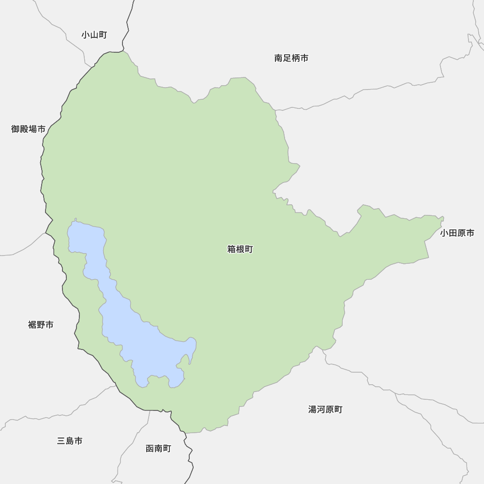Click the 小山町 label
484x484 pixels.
click(x=94, y=35)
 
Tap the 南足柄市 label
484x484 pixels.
click(x=291, y=58)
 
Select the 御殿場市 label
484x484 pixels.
click(x=28, y=129)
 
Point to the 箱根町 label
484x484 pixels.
click(x=240, y=249)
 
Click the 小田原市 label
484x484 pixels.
click(x=457, y=233)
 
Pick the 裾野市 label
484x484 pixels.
click(x=41, y=325)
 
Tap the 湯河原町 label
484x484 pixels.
click(x=325, y=409)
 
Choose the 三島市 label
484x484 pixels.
click(x=70, y=441)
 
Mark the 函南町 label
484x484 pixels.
click(x=158, y=449)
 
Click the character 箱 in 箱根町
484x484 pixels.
click(x=232, y=249)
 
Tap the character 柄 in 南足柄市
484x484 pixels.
click(x=295, y=58)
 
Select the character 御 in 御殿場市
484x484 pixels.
click(x=15, y=129)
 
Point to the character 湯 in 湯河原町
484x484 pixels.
click(x=313, y=409)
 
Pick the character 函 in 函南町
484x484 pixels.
click(x=150, y=449)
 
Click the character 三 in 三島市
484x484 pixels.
click(x=61, y=441)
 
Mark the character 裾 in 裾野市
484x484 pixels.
click(x=32, y=325)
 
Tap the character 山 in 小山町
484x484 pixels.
click(x=94, y=35)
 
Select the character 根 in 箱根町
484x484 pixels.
click(x=240, y=249)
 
